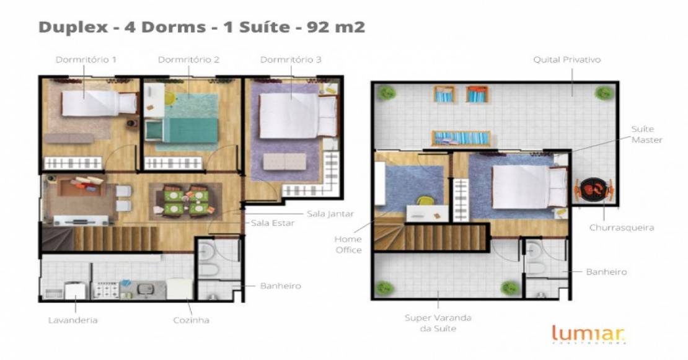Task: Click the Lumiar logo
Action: coord(588,334)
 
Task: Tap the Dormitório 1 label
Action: coord(86,59)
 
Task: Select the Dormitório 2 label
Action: coord(188,59)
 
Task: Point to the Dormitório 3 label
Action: coord(291,59)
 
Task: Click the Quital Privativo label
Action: coord(567,59)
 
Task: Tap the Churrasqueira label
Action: coord(621,227)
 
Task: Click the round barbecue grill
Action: coord(594,189)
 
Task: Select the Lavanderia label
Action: coord(73,320)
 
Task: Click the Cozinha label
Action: coord(192,320)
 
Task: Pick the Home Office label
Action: coord(348,245)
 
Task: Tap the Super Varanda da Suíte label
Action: coord(438,323)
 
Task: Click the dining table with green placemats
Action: coord(185,201)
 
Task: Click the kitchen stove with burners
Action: coord(105,289)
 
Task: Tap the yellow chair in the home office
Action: coord(425,201)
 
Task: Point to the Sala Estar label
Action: coord(273,223)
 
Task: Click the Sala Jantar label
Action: coord(330,214)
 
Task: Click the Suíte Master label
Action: coord(646,134)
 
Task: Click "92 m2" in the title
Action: coord(336,27)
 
